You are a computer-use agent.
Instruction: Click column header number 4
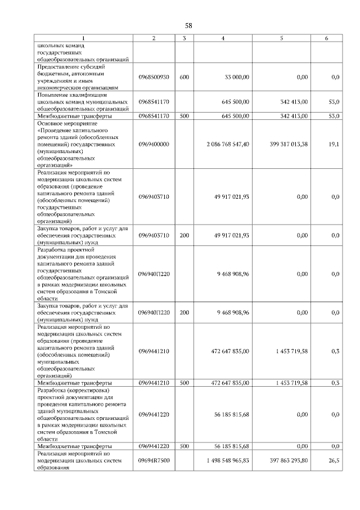(x=223, y=38)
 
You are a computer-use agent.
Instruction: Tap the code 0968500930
(x=154, y=77)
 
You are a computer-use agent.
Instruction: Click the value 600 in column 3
(x=184, y=77)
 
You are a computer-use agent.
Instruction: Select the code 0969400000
(x=154, y=144)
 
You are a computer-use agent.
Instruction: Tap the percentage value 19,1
(x=334, y=144)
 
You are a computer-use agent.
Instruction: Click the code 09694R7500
(x=154, y=460)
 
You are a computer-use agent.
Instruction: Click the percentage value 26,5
(x=334, y=460)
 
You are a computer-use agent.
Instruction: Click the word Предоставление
(x=60, y=66)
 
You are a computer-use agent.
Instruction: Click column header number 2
(x=154, y=38)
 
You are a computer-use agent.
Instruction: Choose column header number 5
(x=281, y=38)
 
